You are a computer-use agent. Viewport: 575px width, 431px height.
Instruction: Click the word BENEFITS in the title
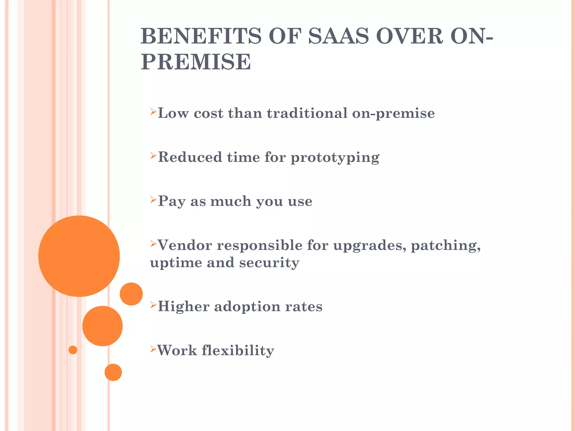[x=201, y=36]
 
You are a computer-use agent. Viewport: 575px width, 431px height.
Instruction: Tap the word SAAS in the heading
[x=338, y=36]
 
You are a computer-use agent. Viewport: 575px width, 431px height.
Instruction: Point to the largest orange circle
[x=79, y=256]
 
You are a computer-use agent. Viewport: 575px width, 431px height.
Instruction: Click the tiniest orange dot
[x=73, y=350]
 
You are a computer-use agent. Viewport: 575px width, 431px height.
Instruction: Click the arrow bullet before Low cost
[x=153, y=112]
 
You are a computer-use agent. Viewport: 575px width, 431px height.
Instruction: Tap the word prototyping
[x=335, y=158]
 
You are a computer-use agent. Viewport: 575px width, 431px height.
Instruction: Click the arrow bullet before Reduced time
[x=153, y=156]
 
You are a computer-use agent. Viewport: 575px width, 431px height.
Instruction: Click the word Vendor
[x=185, y=245]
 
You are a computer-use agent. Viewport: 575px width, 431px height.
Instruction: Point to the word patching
[x=446, y=246]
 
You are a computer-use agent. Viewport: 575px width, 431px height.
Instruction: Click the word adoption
[x=247, y=306]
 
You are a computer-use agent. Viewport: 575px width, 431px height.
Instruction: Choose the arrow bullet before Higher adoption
[x=153, y=305]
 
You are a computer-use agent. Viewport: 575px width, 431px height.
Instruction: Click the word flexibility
[x=238, y=350]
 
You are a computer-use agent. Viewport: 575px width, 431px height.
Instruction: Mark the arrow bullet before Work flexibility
[x=153, y=349]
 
